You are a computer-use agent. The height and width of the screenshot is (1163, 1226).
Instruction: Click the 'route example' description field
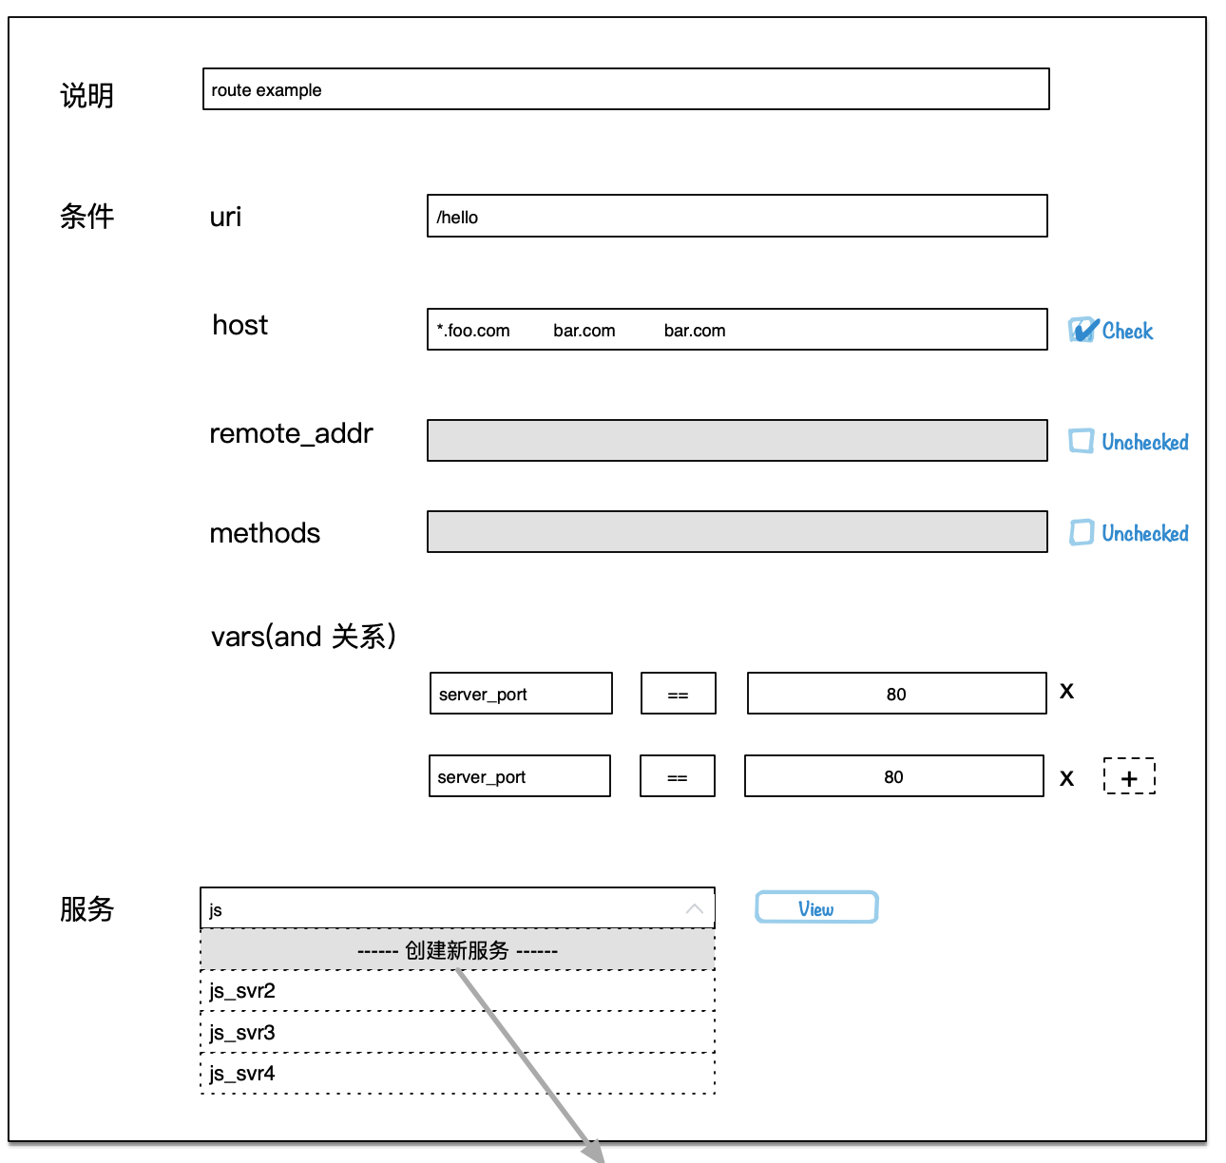coord(625,89)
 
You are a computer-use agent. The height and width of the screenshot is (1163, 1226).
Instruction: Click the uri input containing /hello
coord(737,217)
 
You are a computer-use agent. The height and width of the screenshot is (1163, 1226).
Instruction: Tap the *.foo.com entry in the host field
coord(473,331)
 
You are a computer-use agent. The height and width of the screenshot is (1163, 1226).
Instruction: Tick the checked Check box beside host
coord(1082,331)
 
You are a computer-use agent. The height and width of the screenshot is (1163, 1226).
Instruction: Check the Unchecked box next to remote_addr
coord(1081,441)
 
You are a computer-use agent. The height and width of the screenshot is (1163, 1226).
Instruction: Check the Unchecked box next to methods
coord(1081,532)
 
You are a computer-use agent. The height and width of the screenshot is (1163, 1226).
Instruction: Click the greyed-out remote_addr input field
coord(737,441)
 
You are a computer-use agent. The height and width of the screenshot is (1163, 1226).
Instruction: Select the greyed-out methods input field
coord(737,532)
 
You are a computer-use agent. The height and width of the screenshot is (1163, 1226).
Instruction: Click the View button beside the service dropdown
coord(816,907)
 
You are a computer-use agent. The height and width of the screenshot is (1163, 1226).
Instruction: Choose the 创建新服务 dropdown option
coord(457,950)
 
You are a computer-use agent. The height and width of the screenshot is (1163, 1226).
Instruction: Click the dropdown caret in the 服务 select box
coord(695,909)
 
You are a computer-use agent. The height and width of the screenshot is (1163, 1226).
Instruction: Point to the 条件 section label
coord(86,217)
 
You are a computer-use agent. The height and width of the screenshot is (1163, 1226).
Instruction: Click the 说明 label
coord(86,96)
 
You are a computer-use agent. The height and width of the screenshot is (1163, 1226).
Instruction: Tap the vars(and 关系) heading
coord(303,636)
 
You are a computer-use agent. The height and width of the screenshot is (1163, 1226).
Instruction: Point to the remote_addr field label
coord(291,434)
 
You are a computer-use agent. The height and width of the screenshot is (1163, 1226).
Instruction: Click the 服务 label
coord(86,909)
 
